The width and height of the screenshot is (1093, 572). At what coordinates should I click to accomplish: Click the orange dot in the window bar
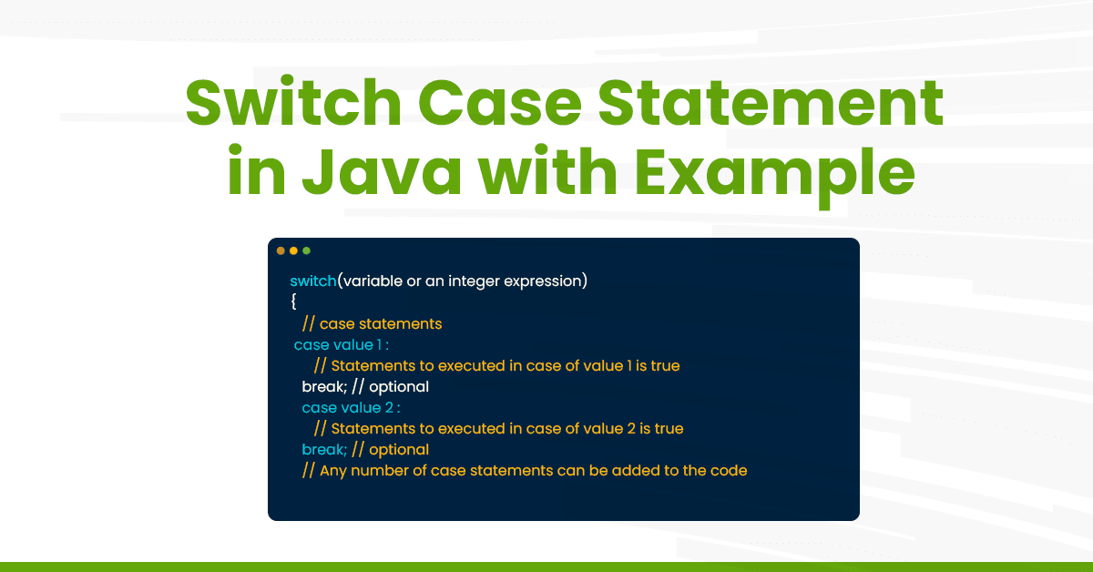pos(281,250)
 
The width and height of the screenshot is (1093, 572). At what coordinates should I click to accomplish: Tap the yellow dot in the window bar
pos(294,250)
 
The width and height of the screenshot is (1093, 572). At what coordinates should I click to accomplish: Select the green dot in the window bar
pos(307,250)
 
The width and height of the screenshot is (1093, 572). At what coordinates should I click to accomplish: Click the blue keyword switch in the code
pos(313,281)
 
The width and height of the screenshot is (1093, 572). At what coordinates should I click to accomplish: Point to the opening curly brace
pos(293,301)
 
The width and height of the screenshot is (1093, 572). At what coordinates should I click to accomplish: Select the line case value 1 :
pos(342,344)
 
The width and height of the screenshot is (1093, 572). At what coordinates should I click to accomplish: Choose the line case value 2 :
pos(351,407)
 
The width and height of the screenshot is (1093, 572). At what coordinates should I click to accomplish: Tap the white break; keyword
pos(321,386)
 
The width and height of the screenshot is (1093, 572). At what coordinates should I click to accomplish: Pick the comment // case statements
pos(373,323)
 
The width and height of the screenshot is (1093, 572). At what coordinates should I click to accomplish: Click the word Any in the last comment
pos(333,471)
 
